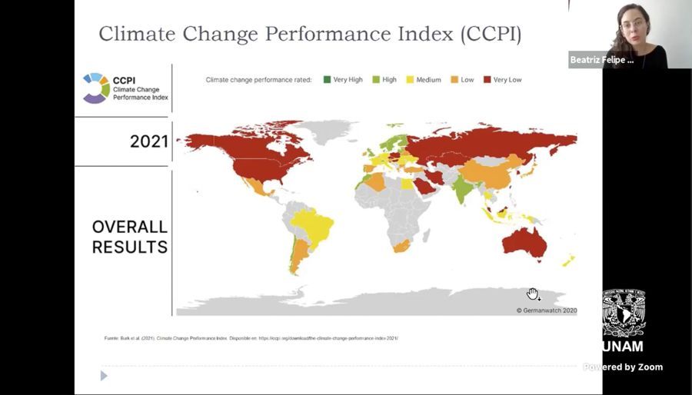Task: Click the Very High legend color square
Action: (327, 80)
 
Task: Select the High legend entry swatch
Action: (377, 80)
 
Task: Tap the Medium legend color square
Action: (411, 80)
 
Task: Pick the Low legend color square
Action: (455, 80)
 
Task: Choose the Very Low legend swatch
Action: (487, 80)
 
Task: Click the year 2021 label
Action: (148, 141)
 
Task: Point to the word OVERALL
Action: (129, 227)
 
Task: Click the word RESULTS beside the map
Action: (129, 247)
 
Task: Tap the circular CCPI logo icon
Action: (95, 88)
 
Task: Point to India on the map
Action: (463, 188)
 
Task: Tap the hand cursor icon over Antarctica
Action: (534, 294)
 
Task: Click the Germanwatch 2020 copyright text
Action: (546, 310)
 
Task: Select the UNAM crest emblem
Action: (624, 313)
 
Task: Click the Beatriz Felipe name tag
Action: (602, 60)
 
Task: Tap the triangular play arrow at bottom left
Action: (104, 376)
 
